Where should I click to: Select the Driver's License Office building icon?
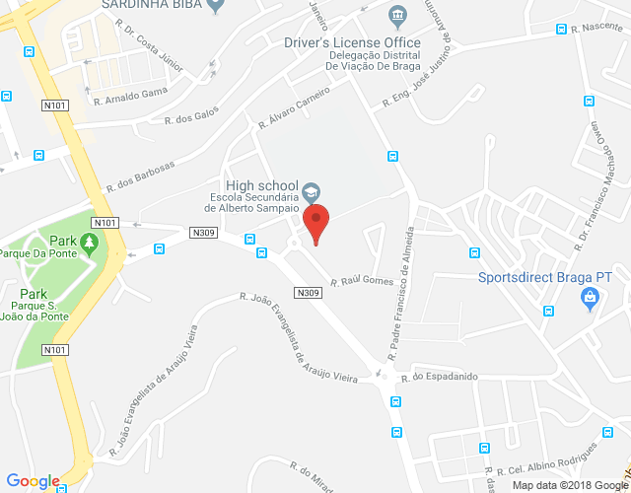(397, 16)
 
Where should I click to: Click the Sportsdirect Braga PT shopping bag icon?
(591, 299)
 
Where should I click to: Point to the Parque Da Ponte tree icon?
(91, 242)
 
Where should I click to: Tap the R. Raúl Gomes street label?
(361, 281)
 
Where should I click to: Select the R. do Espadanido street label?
(439, 376)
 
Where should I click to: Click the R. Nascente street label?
(603, 29)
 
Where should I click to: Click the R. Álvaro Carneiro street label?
(294, 111)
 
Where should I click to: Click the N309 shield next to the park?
(203, 233)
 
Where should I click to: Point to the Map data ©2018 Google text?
(569, 484)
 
